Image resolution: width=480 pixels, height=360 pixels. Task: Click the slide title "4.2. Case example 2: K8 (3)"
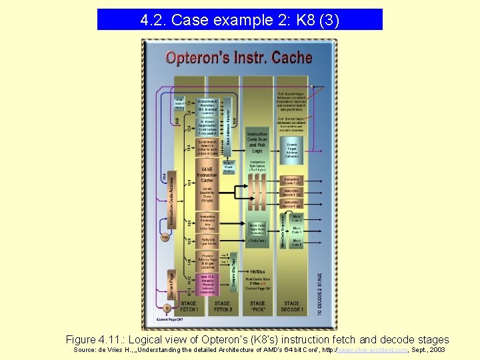tap(240, 20)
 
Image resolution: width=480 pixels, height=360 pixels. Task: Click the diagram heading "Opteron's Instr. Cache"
tap(239, 58)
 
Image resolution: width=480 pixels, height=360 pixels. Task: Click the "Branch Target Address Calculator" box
tap(292, 150)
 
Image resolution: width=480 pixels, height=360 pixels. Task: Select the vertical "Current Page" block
tap(171, 284)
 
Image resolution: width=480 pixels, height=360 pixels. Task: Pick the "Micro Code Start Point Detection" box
tap(257, 229)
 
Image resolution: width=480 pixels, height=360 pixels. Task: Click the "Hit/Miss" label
tap(257, 271)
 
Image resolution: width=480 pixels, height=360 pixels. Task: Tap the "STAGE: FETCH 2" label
tap(223, 307)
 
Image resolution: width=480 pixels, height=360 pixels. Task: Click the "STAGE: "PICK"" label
tap(257, 307)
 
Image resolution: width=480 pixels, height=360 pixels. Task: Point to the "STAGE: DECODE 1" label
tap(292, 307)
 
